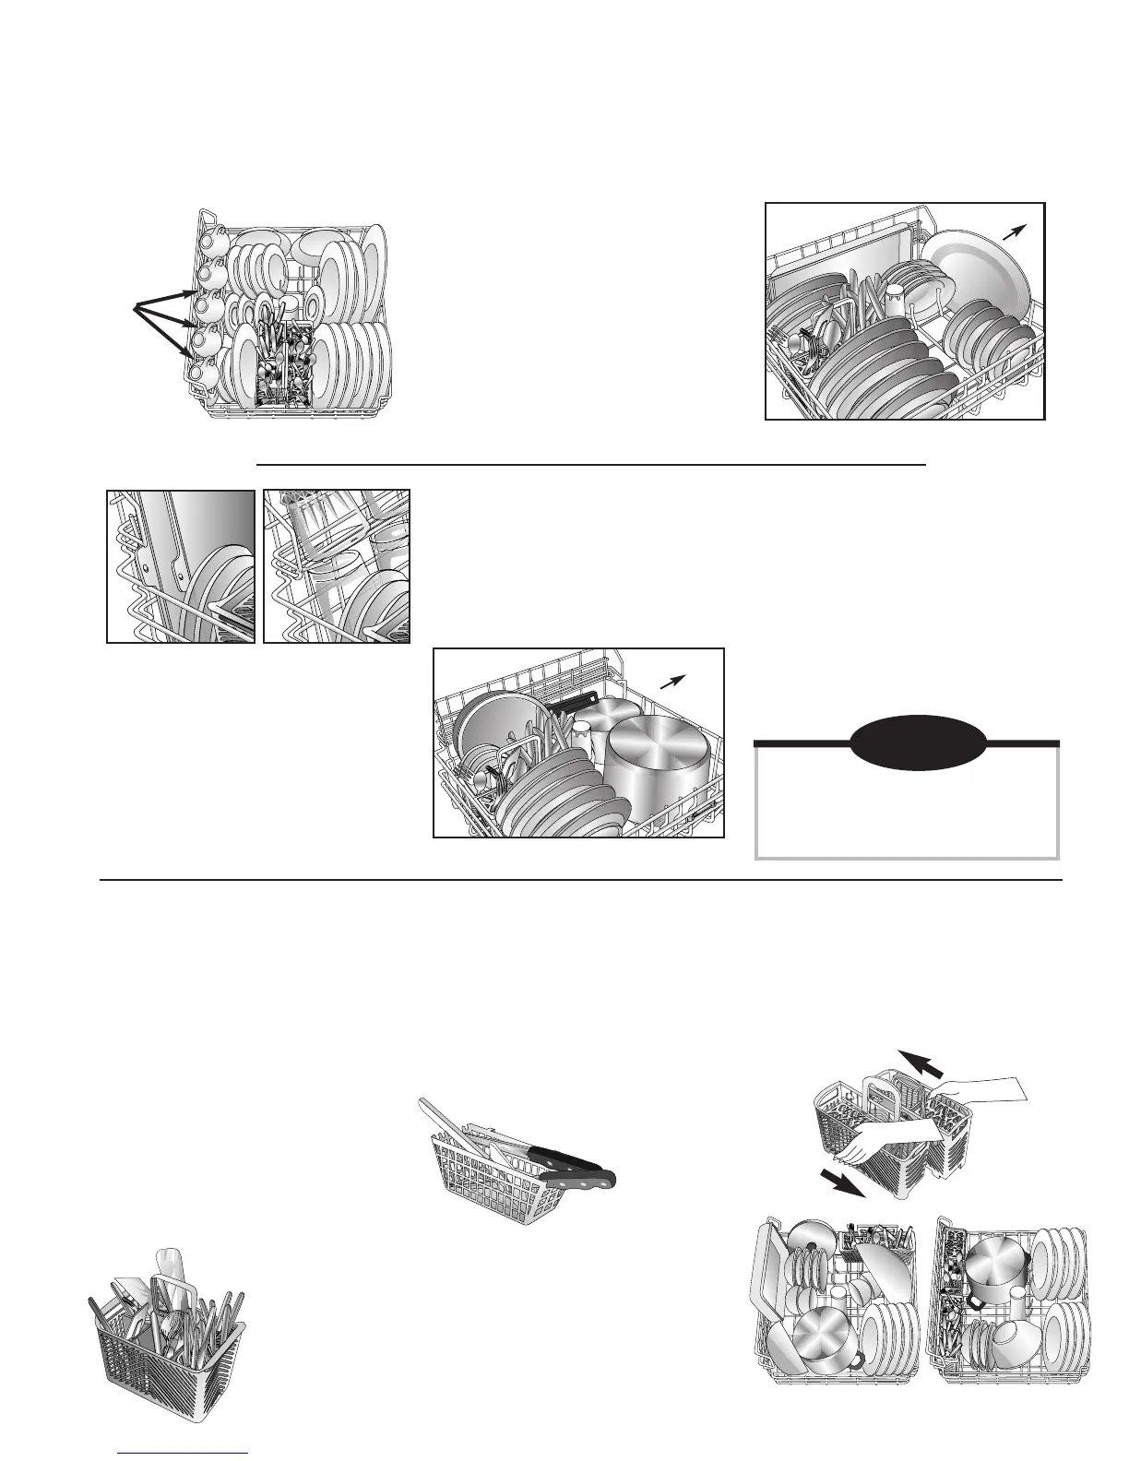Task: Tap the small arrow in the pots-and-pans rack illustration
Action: pyautogui.click(x=675, y=682)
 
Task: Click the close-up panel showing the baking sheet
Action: pyautogui.click(x=181, y=565)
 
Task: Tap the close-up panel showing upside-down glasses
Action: pyautogui.click(x=337, y=565)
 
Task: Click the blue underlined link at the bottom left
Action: pyautogui.click(x=184, y=1453)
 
